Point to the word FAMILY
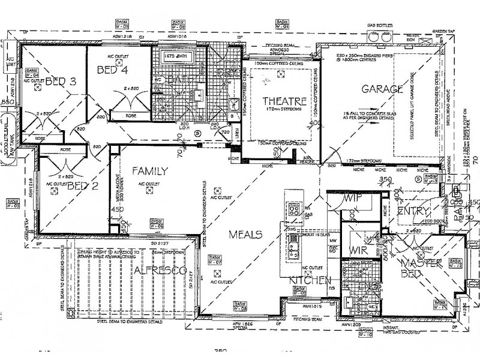pos(149,171)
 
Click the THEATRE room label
pos(281,100)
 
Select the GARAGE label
pos(382,89)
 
